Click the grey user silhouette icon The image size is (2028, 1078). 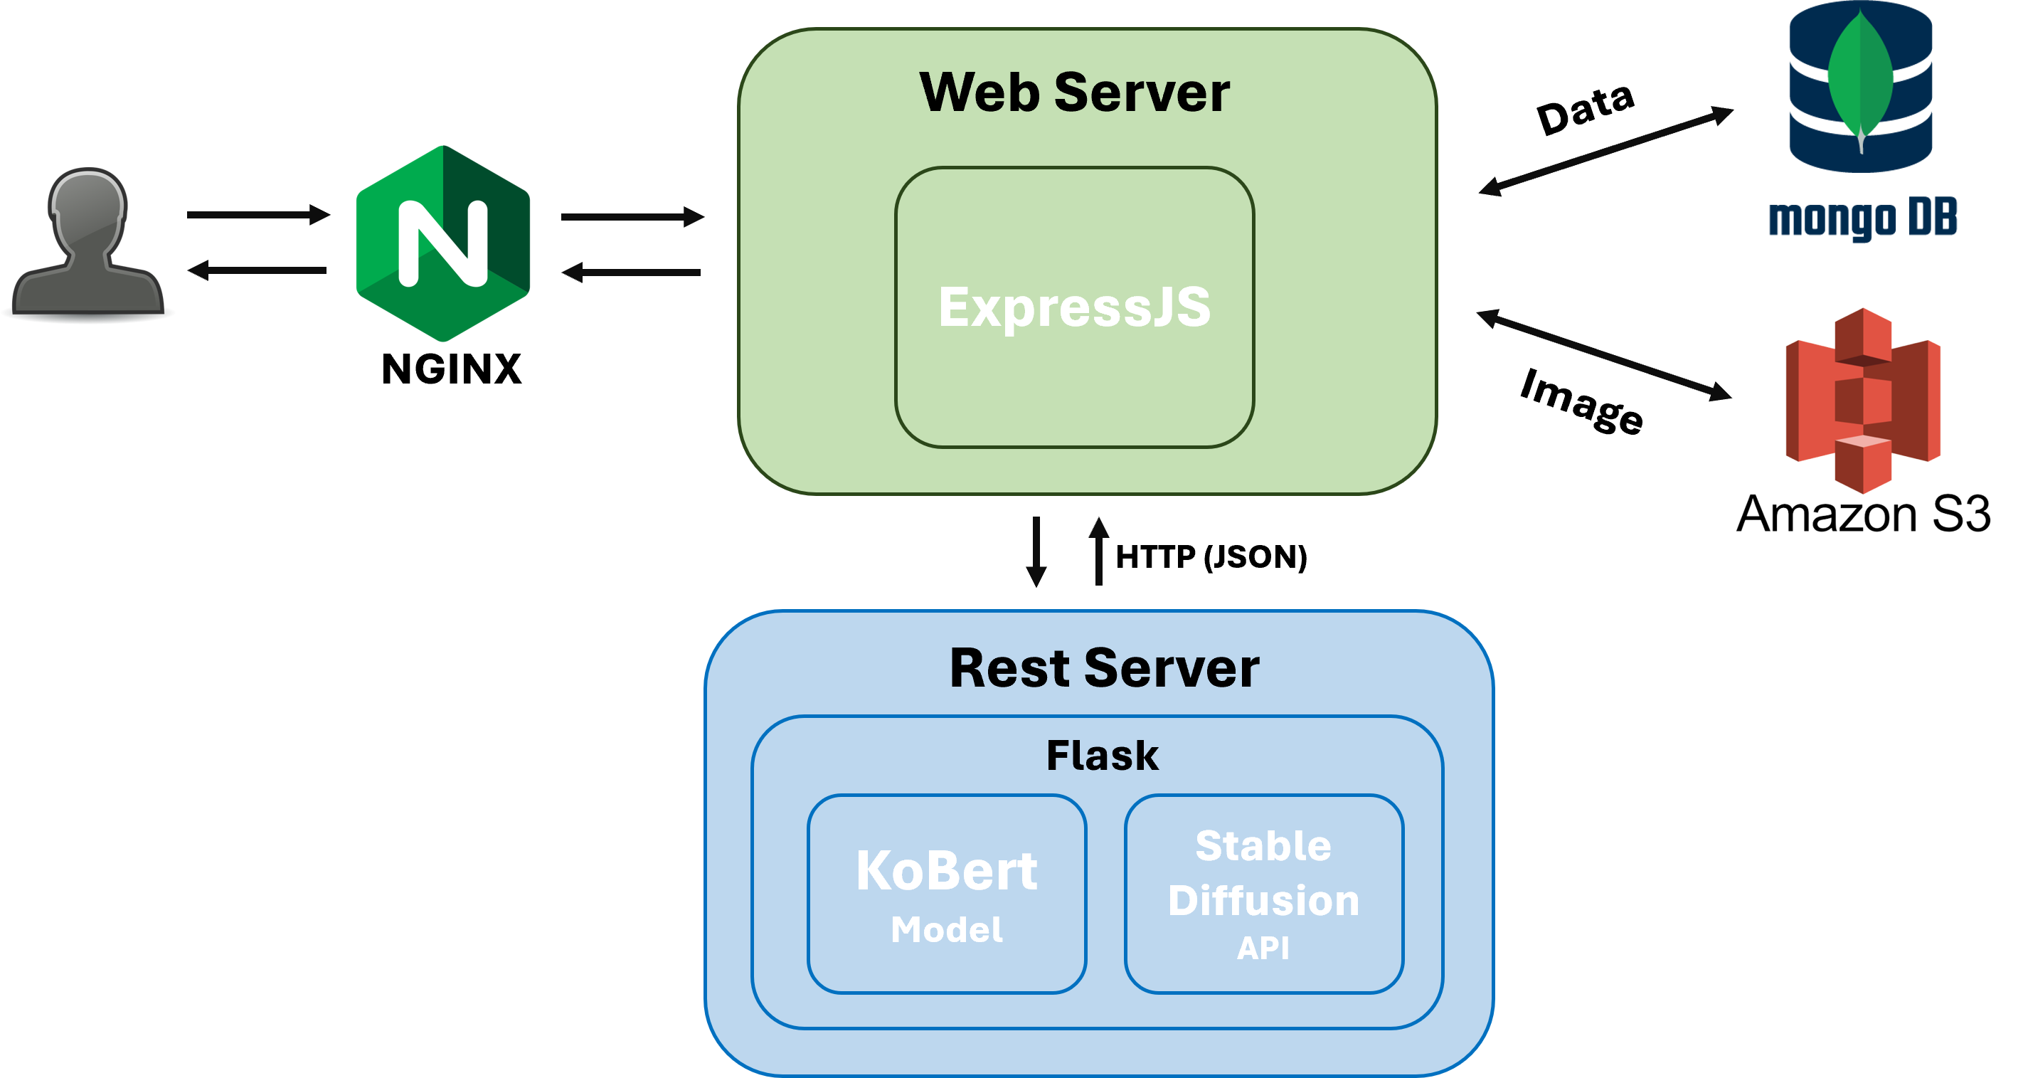point(87,244)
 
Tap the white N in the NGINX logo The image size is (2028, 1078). point(442,243)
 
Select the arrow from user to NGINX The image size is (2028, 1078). point(258,214)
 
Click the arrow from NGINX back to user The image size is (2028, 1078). point(258,270)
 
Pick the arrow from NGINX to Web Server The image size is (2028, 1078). point(632,216)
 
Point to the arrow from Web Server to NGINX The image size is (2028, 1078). point(632,273)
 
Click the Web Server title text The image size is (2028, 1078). point(1074,93)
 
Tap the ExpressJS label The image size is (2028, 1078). point(1074,307)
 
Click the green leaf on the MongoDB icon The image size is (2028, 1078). point(1859,79)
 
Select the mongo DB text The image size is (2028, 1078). point(1863,219)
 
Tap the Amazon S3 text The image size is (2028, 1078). point(1863,514)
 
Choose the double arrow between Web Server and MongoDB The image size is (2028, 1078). point(1606,151)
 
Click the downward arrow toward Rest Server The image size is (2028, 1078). point(1036,551)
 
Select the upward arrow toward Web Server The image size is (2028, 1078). point(1099,551)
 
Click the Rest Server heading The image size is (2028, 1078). point(1104,667)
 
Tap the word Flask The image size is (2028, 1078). point(1102,755)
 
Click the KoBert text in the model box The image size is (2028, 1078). point(946,871)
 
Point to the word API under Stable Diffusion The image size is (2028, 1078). point(1263,947)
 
